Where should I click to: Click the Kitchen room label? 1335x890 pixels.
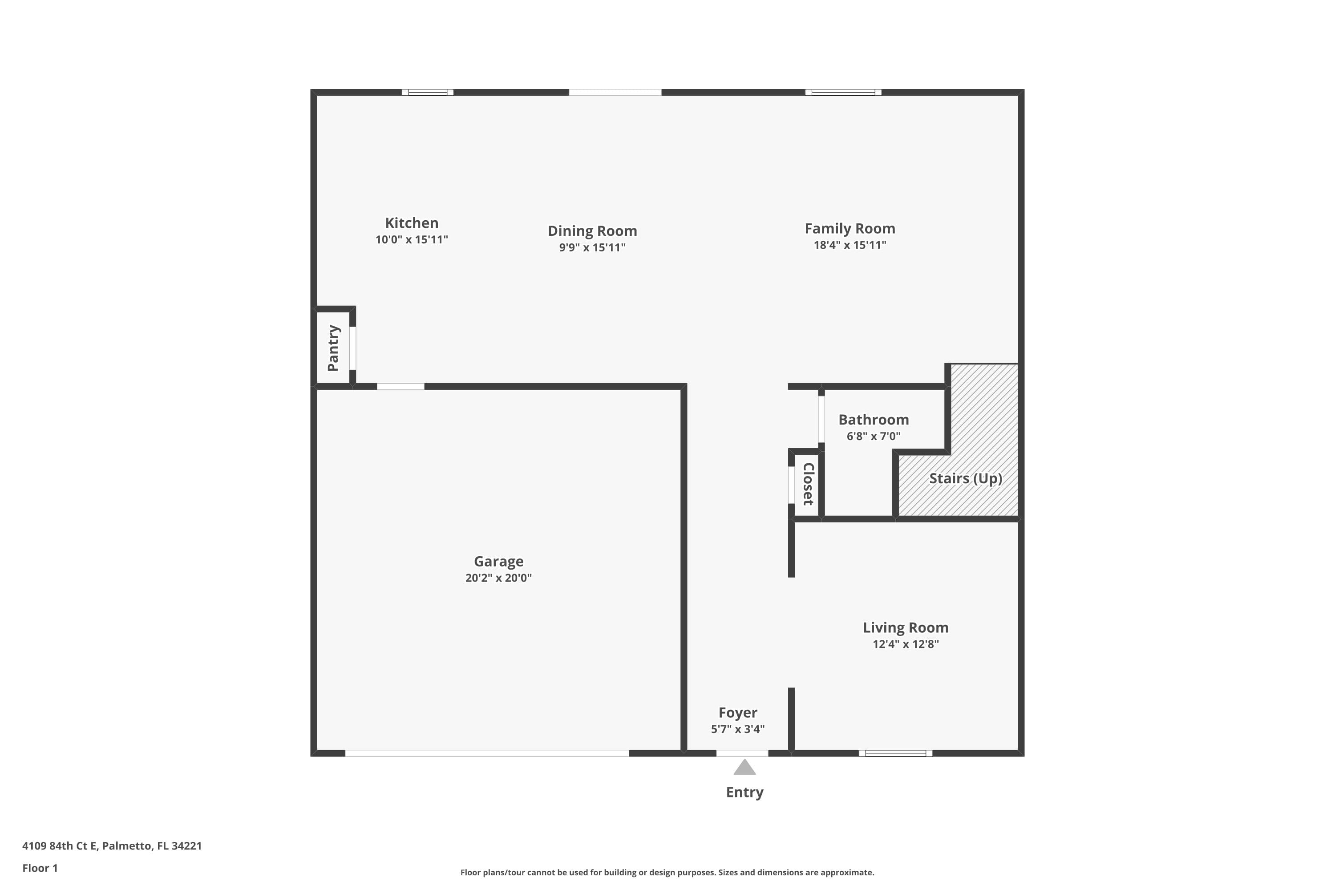click(412, 223)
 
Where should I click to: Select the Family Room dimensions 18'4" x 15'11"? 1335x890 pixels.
click(850, 245)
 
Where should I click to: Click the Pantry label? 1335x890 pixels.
click(333, 348)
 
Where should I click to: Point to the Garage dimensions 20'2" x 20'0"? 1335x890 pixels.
click(498, 578)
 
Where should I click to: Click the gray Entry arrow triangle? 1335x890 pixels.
click(744, 768)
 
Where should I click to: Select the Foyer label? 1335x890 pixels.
click(737, 712)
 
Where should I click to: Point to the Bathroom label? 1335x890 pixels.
click(874, 420)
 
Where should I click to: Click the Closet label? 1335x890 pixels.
click(808, 484)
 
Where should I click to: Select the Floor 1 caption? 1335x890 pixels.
click(40, 868)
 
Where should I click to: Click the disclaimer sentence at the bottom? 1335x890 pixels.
click(667, 872)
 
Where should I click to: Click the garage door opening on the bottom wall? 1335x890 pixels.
click(486, 753)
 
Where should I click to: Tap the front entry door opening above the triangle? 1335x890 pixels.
click(742, 753)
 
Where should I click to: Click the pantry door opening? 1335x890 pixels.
click(352, 348)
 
